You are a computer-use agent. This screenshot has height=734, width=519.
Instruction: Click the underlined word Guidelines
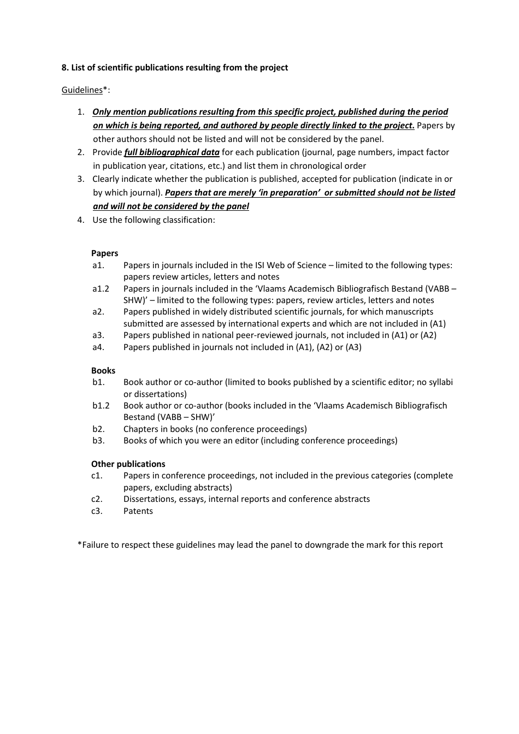(82, 90)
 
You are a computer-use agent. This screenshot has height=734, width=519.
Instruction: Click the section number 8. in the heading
(65, 68)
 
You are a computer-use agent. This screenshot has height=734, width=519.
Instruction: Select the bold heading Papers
(104, 253)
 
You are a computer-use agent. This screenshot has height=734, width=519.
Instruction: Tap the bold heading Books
(103, 371)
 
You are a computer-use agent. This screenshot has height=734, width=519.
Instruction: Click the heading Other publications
(128, 464)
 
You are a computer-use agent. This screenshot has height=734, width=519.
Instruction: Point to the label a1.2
(101, 289)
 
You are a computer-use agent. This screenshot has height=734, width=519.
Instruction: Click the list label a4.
(98, 347)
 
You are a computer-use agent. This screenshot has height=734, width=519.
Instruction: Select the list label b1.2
(101, 406)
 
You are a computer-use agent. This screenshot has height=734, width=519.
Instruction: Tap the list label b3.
(98, 441)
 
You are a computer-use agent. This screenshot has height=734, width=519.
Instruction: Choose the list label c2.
(97, 499)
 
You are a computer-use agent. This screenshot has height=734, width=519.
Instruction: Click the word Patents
(138, 511)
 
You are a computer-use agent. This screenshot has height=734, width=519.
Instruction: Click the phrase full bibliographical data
(172, 152)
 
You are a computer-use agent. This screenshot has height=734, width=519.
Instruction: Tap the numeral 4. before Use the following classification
(80, 220)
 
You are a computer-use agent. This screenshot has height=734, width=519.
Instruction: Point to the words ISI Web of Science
(291, 265)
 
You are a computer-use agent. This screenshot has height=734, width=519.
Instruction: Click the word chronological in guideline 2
(316, 166)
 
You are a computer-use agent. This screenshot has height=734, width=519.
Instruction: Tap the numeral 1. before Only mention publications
(80, 112)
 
